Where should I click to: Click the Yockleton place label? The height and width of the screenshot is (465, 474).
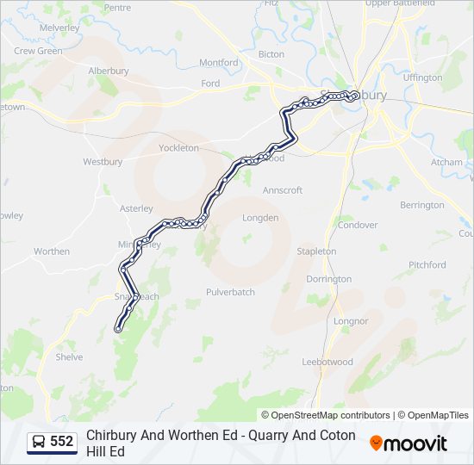coord(178,148)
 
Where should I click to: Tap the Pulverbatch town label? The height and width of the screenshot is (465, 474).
coord(230,292)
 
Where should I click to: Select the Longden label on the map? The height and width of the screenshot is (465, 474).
coord(260,218)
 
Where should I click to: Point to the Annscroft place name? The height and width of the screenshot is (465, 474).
coord(283,190)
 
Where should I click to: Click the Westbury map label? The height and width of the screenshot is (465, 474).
coord(103,161)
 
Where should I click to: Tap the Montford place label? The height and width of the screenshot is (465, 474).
coord(218,63)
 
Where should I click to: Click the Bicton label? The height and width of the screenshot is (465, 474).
coord(271,54)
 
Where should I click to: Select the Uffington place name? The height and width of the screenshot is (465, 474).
coord(421,77)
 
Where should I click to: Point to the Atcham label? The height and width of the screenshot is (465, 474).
coord(446,162)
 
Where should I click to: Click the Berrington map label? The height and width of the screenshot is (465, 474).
coord(422,205)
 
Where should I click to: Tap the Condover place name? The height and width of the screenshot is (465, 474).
coord(358,225)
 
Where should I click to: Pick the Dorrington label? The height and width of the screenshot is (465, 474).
coord(328,279)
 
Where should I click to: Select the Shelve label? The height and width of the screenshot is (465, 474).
coord(69,356)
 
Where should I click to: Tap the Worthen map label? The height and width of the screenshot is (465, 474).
coord(52,251)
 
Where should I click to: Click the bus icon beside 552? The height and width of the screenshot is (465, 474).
coord(40,442)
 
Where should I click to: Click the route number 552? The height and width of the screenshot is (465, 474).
coord(62,442)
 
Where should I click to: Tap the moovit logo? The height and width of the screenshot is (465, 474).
coord(409,443)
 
